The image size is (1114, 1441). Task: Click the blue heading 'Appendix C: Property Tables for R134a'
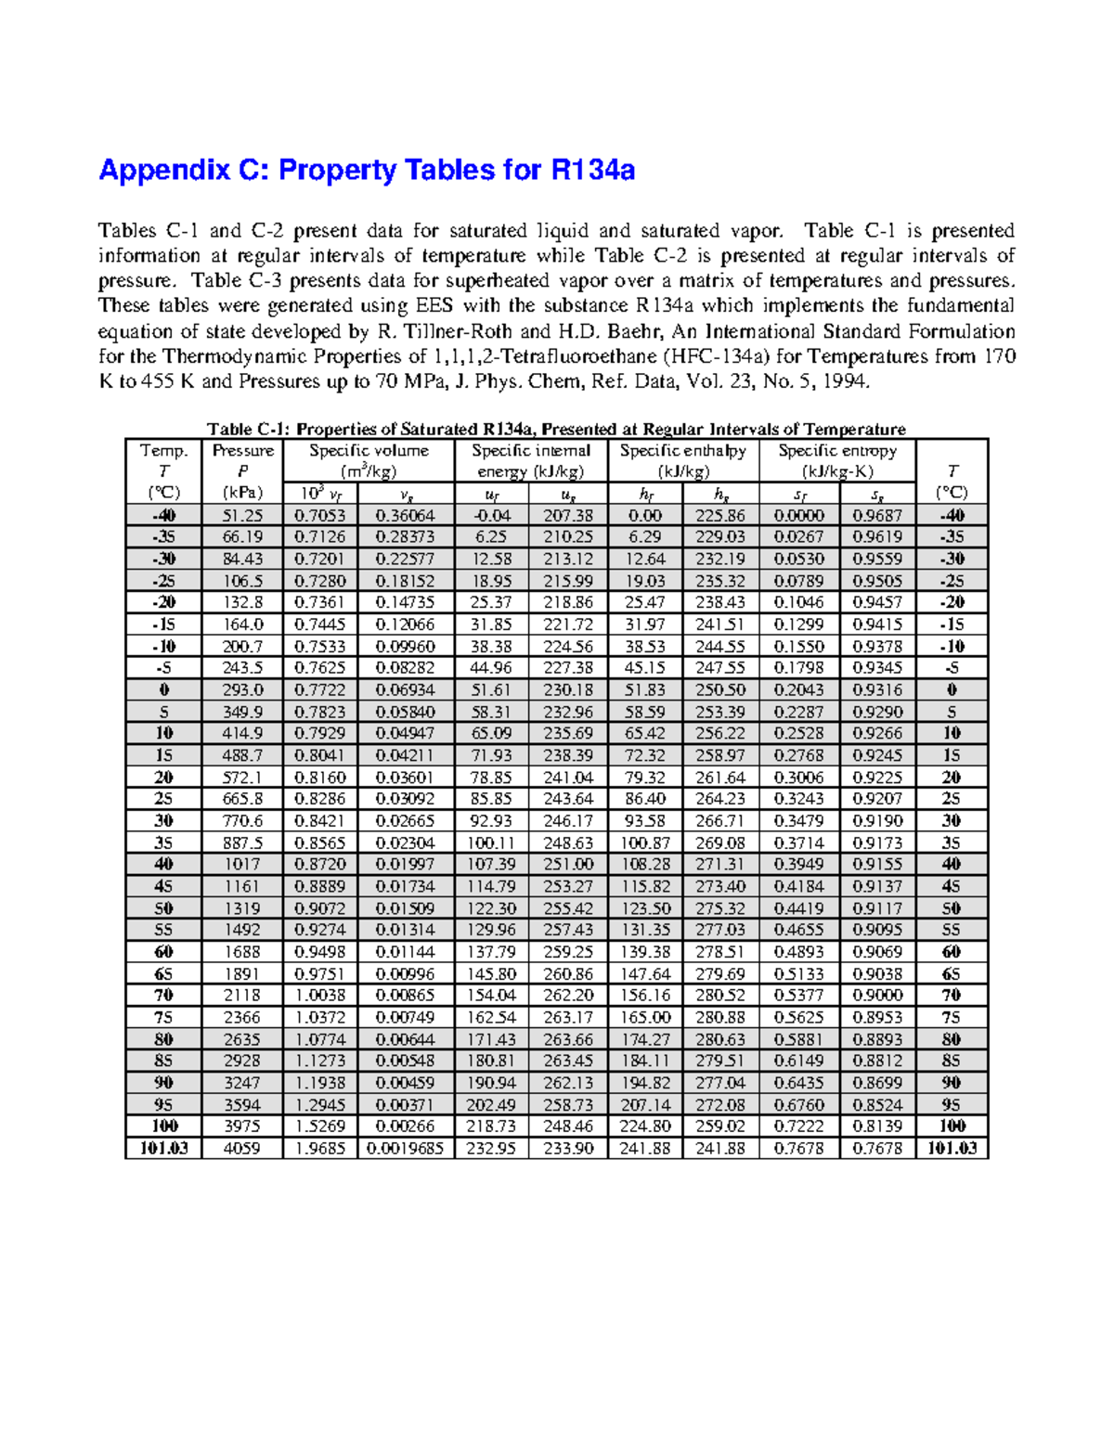tap(367, 171)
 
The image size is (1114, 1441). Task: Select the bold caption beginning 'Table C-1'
tap(556, 429)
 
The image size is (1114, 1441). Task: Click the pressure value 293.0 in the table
tap(242, 690)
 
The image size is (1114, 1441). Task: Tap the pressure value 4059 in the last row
tap(242, 1149)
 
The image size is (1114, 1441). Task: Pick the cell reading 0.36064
tap(405, 516)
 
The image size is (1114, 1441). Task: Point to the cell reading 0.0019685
tap(405, 1149)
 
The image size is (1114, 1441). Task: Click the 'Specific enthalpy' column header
tap(682, 451)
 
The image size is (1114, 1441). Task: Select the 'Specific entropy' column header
tap(836, 451)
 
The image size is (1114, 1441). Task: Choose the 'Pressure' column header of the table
tap(242, 451)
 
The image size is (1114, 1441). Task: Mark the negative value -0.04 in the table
tap(491, 516)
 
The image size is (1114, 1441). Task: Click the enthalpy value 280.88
tap(719, 1018)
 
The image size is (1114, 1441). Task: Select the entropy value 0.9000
tap(877, 996)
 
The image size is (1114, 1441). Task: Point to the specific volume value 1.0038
tap(319, 996)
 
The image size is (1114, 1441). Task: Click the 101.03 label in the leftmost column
tap(163, 1149)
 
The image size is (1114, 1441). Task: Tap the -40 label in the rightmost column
tap(952, 516)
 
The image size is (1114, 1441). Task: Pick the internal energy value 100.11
tap(491, 843)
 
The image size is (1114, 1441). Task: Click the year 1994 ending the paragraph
tap(849, 382)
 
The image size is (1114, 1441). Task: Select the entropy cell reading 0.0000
tap(799, 516)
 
